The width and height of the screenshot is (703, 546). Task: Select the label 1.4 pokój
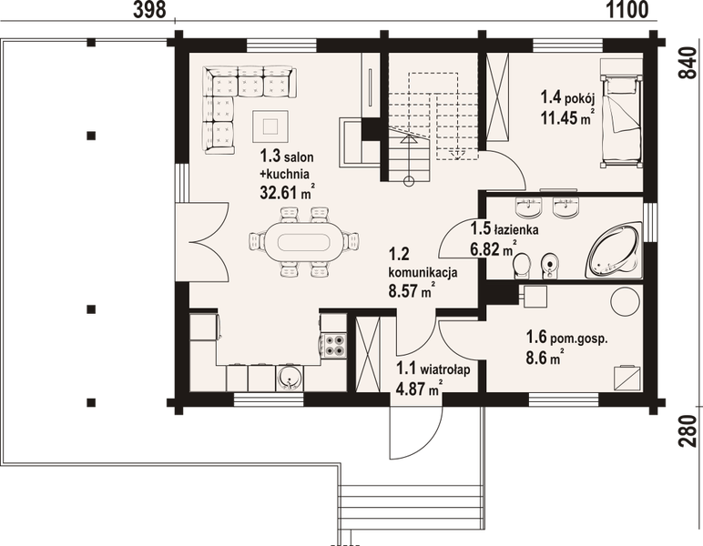point(567,96)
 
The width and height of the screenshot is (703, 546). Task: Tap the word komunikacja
point(422,271)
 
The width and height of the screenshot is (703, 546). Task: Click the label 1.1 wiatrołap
point(420,369)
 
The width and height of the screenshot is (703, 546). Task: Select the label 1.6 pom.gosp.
point(566,339)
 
